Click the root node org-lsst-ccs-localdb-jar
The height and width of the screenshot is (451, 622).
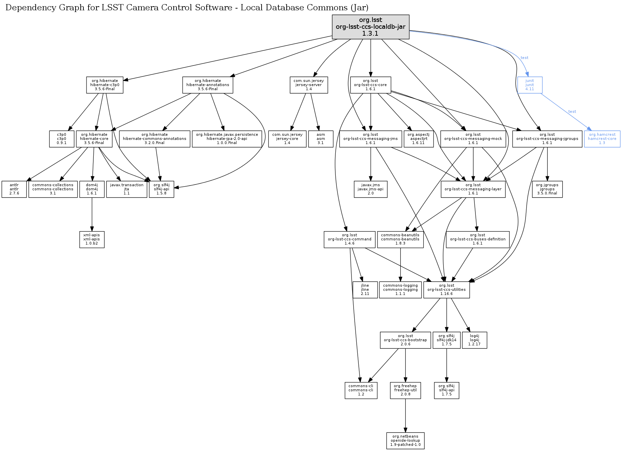pos(370,27)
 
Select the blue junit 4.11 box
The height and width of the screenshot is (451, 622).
pos(530,85)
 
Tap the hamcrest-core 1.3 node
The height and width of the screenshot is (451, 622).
pos(602,139)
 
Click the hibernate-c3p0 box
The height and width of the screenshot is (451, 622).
pos(105,85)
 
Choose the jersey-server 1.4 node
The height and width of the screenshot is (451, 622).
pos(309,85)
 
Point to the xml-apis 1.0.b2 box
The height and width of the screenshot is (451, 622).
pos(92,239)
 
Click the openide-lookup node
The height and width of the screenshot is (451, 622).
pos(405,441)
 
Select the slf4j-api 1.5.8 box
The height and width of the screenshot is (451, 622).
pos(161,189)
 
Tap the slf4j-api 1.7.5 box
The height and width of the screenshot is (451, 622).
pos(447,390)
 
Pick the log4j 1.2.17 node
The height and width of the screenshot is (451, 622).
pos(474,340)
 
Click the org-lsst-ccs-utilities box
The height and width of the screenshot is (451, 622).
pos(447,290)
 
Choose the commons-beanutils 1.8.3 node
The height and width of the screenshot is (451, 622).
pos(400,239)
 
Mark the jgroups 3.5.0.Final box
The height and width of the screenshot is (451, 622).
pos(547,189)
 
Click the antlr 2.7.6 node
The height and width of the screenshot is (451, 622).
pos(14,189)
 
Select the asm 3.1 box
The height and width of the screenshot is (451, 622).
pos(321,139)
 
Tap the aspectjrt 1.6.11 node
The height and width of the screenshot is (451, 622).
pos(418,139)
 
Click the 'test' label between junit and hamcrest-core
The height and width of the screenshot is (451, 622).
pos(572,111)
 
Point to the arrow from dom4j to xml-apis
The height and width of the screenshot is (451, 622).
pos(92,214)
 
